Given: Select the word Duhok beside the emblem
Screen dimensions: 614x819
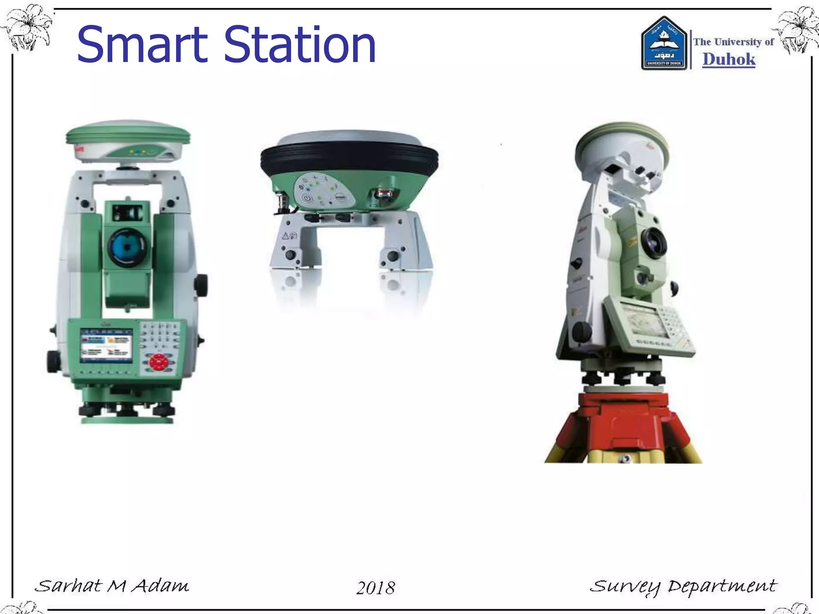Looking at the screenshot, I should (729, 59).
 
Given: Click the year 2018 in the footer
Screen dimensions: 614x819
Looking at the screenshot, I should (376, 588).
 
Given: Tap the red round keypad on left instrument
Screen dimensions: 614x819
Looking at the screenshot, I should (159, 362).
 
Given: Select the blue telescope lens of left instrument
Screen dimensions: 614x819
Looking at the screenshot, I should (127, 247).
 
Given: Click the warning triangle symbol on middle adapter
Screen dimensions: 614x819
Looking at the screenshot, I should (285, 236).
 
